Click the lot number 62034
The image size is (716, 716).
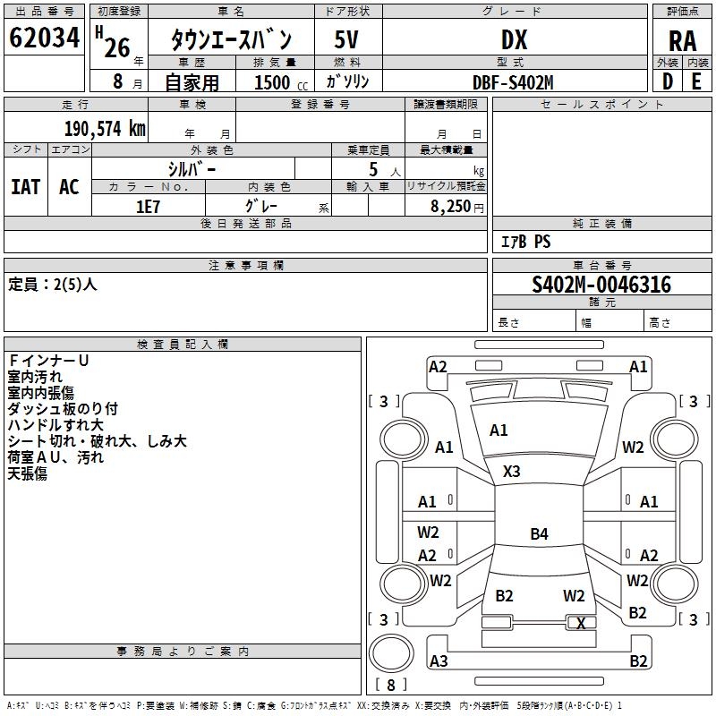44,38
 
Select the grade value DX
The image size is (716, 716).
514,39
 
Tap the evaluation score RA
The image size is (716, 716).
683,41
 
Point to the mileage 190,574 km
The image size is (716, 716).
105,129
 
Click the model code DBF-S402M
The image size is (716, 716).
513,82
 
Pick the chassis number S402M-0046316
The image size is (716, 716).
601,285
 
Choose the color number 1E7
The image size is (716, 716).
148,207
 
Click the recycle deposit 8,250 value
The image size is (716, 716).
450,207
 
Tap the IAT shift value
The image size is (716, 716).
26,187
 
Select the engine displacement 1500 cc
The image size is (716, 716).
281,82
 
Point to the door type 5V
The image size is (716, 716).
346,39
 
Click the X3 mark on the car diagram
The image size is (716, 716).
511,472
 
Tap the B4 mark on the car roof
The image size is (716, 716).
539,533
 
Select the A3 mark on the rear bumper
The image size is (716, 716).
439,661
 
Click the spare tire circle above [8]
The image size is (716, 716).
391,653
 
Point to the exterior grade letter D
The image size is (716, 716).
668,81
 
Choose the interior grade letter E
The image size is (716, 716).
696,81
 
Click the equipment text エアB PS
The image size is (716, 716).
525,242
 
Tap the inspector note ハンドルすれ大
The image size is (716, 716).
55,425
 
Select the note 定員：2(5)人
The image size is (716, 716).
53,285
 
